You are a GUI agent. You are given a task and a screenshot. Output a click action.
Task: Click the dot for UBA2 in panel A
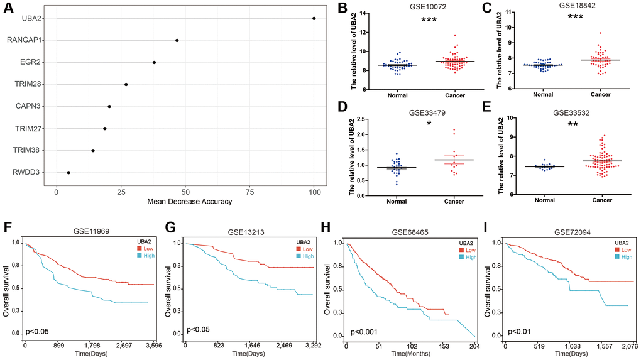pos(314,18)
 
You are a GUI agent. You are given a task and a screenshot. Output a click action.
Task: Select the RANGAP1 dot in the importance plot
pos(177,40)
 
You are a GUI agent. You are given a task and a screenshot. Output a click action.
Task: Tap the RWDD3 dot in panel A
pos(68,172)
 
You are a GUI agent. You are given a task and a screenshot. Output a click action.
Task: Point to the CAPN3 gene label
pos(30,106)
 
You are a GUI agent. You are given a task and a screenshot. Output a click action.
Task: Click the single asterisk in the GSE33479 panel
pos(429,123)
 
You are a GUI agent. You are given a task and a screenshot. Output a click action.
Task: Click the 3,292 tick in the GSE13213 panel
pos(312,346)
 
